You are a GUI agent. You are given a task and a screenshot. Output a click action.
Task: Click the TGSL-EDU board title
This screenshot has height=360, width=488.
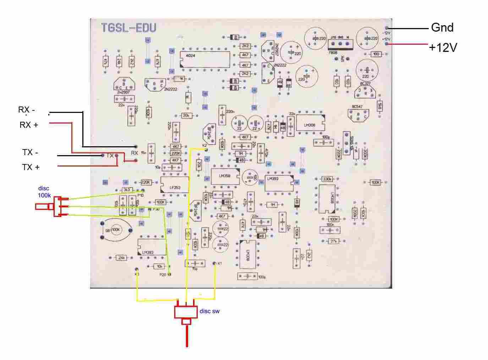[x=128, y=28]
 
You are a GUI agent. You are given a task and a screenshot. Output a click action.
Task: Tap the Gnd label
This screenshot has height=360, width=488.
[x=442, y=27]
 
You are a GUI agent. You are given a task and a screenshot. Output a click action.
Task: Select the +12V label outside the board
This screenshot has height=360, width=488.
[x=443, y=48]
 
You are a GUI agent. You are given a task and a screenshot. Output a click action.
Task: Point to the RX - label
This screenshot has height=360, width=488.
[x=27, y=110]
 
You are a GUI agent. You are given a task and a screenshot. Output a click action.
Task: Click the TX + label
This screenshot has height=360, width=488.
[x=31, y=167]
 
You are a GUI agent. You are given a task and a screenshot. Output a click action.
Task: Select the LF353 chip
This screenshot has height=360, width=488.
[x=174, y=184]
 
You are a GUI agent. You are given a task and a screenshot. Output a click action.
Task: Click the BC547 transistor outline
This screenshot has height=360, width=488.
[x=358, y=115]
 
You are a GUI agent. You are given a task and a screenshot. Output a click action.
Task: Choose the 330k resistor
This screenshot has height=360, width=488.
[x=327, y=179]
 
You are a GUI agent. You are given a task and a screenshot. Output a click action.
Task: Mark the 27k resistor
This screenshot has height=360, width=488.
[x=333, y=241]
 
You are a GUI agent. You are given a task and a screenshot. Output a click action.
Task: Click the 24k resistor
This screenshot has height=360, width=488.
[x=121, y=257]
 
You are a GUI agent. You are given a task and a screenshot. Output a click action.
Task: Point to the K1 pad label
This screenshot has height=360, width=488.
[x=220, y=263]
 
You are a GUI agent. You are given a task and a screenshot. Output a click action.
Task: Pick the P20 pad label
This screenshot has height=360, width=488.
[x=163, y=275]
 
